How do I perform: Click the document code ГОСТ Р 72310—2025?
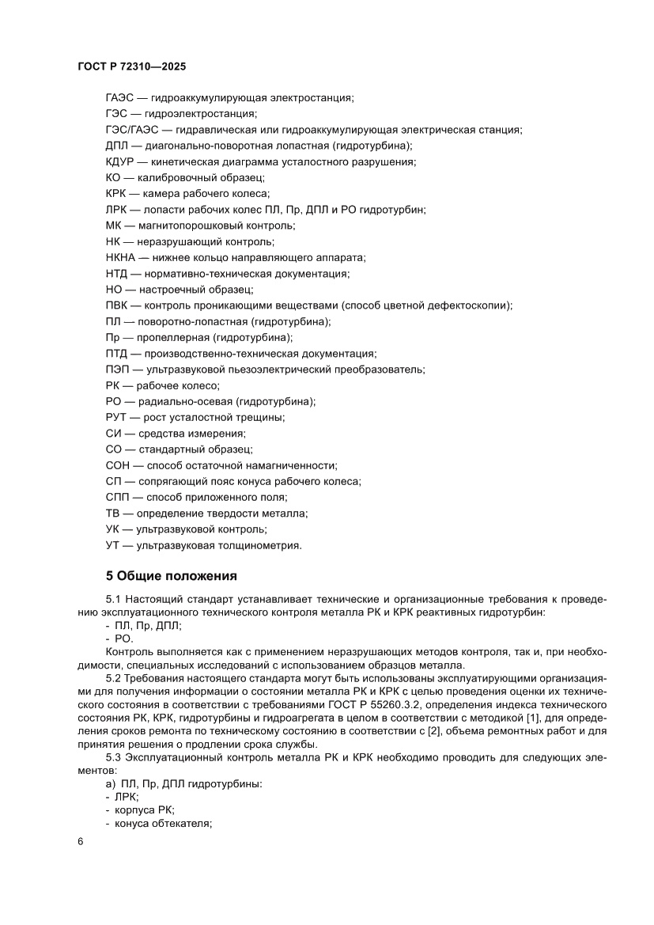[x=131, y=66]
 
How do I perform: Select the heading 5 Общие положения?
[x=171, y=575]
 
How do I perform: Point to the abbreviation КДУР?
[x=120, y=162]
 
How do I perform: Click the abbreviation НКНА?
[x=121, y=258]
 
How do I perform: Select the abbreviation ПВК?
[x=117, y=305]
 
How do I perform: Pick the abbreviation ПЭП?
[x=118, y=370]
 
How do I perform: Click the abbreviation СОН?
[x=119, y=465]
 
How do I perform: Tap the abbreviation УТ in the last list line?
[x=112, y=545]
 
